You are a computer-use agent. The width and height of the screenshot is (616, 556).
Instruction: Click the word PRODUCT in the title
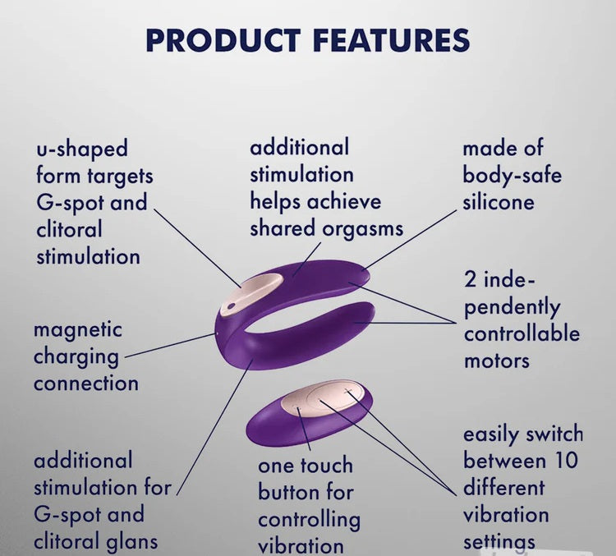(x=216, y=39)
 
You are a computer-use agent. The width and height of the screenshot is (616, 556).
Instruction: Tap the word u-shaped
(x=82, y=149)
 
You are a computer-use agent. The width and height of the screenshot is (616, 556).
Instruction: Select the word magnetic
(x=78, y=329)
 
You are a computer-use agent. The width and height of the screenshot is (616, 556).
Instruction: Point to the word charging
(x=76, y=356)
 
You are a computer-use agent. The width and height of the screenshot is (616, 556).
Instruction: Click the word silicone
(x=499, y=203)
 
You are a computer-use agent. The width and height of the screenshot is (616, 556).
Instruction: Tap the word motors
(x=497, y=361)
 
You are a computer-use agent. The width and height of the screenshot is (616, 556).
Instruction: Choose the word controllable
(x=522, y=333)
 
